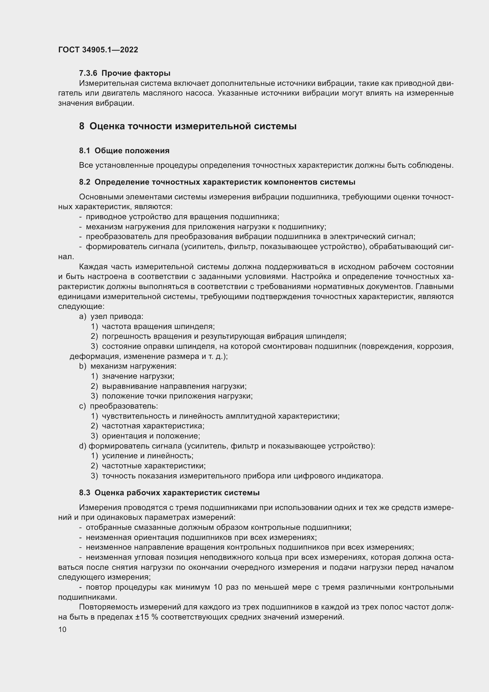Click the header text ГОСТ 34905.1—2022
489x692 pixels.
(98, 50)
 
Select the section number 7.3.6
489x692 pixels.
(88, 73)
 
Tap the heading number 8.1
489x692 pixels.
(85, 151)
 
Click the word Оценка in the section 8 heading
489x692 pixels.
(107, 126)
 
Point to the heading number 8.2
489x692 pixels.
(85, 182)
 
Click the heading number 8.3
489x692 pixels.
(85, 493)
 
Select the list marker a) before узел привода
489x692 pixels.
(82, 317)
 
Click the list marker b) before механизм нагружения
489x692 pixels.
(82, 366)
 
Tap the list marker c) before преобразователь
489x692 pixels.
(82, 406)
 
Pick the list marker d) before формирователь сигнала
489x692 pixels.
(82, 446)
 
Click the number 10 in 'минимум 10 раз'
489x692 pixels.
(219, 587)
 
